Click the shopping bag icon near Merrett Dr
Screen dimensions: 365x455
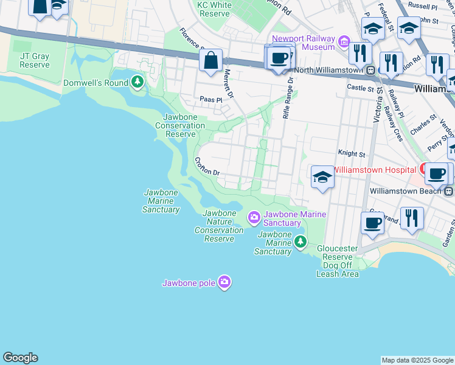[210, 61]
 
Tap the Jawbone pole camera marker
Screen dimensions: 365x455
[224, 282]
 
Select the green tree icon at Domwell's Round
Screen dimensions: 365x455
[138, 82]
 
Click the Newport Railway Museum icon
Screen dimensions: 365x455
[344, 42]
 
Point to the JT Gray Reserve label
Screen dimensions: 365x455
[34, 60]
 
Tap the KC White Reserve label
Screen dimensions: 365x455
[214, 9]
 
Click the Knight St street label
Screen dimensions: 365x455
[351, 155]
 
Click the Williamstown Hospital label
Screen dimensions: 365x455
[375, 169]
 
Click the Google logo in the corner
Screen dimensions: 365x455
[20, 358]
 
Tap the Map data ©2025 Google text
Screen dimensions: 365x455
[417, 360]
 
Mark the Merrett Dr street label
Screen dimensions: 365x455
[228, 83]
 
